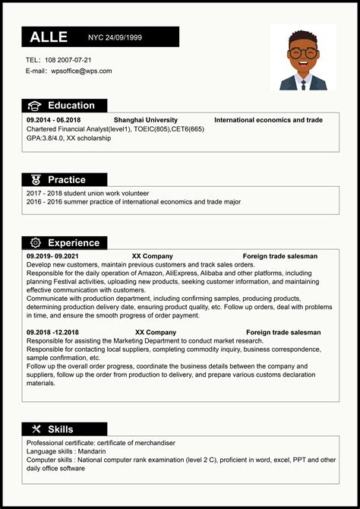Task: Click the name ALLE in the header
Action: pyautogui.click(x=49, y=37)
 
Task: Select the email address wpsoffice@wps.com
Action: pyautogui.click(x=81, y=71)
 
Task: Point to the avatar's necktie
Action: pyautogui.click(x=303, y=83)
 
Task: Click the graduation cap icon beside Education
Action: pyautogui.click(x=35, y=106)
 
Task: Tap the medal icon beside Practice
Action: pyautogui.click(x=35, y=180)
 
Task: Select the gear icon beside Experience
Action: pyautogui.click(x=35, y=243)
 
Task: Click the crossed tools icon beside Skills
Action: pyautogui.click(x=35, y=429)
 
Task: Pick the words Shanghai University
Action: pyautogui.click(x=146, y=120)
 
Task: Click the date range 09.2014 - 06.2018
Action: pyautogui.click(x=53, y=120)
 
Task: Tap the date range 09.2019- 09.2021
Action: pyautogui.click(x=52, y=256)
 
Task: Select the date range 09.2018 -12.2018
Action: pyautogui.click(x=52, y=332)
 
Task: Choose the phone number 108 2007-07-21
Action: pyautogui.click(x=68, y=59)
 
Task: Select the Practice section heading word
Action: pyautogui.click(x=67, y=180)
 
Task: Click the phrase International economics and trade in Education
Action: pyautogui.click(x=268, y=120)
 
